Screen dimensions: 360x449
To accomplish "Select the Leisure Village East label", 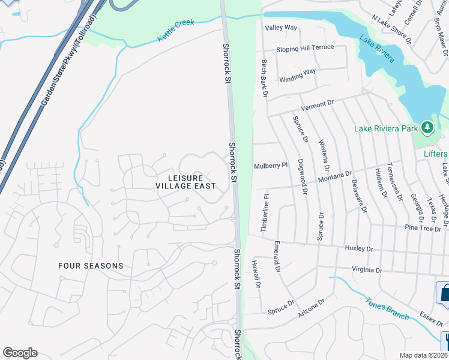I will click(x=185, y=182).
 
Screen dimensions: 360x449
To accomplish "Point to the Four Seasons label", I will click(x=91, y=265).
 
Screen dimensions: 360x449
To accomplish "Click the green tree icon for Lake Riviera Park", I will click(x=427, y=127).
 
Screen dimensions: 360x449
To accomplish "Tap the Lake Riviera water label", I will click(x=377, y=49).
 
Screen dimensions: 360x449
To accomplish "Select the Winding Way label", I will click(x=297, y=75).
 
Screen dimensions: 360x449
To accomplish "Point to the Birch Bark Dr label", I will click(x=264, y=79).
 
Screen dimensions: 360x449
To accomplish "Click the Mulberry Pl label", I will click(x=271, y=166).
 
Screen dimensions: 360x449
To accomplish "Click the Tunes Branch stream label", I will click(x=387, y=307).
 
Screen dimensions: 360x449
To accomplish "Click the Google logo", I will click(x=20, y=353).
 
